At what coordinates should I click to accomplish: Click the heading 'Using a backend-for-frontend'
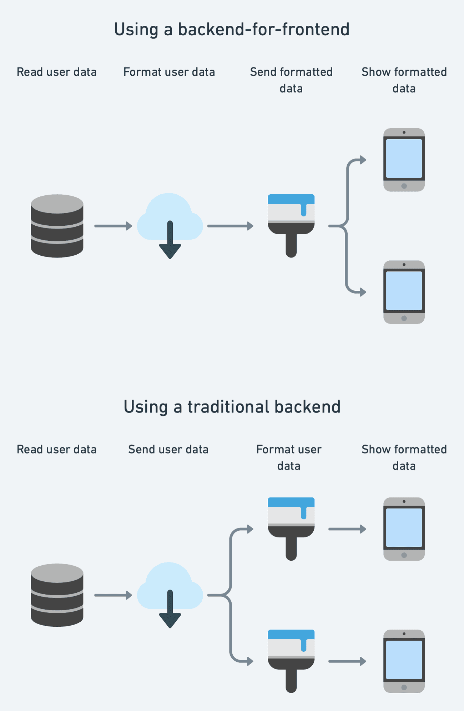pos(231,29)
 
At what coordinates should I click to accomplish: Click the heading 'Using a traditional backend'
pos(232,407)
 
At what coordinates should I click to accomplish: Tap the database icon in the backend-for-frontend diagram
pos(57,226)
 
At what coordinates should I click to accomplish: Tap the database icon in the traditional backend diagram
pos(57,595)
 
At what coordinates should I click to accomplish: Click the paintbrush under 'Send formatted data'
pos(291,225)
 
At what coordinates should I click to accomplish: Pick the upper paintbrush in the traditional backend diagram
pos(291,528)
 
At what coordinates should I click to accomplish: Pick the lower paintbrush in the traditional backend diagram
pos(291,660)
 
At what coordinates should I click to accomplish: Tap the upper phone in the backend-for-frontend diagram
pos(404,160)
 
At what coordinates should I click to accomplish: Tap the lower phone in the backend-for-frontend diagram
pos(404,292)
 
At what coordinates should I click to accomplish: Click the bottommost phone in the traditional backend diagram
pos(404,661)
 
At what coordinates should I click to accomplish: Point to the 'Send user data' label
pos(168,449)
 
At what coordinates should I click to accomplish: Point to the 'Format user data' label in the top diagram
pos(169,72)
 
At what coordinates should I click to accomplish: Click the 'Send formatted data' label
pos(291,80)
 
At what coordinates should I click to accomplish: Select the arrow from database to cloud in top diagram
pos(113,226)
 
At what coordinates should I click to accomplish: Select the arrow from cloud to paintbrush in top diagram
pos(230,226)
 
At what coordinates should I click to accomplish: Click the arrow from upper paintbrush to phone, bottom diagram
pos(347,529)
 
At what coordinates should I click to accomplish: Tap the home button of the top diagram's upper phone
pos(404,186)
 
